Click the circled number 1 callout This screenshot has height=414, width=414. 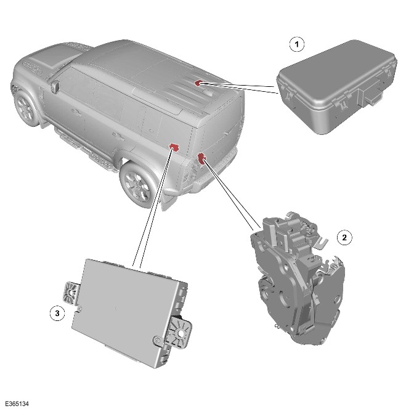coord(297,44)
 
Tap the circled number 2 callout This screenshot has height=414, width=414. coord(344,238)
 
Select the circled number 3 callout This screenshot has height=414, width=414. coord(57,314)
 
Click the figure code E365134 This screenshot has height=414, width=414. coord(17,404)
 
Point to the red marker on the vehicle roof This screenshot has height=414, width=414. coord(198,83)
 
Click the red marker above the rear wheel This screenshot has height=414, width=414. coord(174,147)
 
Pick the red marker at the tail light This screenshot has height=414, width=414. coord(201,158)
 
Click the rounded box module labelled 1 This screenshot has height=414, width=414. coord(337,87)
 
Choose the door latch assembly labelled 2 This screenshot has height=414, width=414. coord(298,278)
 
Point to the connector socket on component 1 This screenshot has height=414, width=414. coord(371,96)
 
